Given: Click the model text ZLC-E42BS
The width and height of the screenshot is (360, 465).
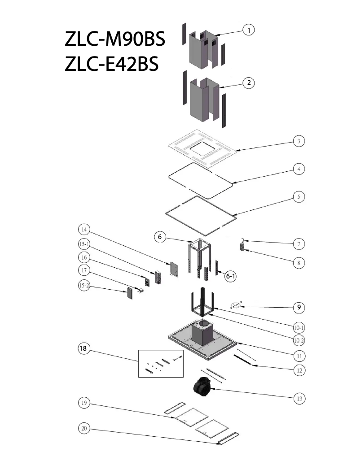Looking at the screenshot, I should (x=112, y=64).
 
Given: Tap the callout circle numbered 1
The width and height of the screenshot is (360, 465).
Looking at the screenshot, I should (x=248, y=30).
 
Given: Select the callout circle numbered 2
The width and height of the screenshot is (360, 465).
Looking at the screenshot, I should (x=248, y=83).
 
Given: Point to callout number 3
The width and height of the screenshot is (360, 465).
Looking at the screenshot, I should (x=299, y=141).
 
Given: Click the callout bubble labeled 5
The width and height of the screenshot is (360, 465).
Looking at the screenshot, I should (x=299, y=197).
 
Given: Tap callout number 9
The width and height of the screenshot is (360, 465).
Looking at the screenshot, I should (x=299, y=307).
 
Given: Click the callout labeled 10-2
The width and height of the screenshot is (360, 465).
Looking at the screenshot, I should (x=299, y=340).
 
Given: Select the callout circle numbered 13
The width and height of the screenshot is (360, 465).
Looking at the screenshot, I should (x=299, y=398).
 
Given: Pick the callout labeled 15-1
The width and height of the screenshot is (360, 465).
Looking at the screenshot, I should (x=83, y=244).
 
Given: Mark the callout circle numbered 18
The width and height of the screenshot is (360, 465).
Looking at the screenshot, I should (x=83, y=348).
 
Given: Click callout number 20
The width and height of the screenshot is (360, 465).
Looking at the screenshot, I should (x=83, y=429).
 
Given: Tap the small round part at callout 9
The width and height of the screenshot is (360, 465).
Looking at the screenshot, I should (x=236, y=305).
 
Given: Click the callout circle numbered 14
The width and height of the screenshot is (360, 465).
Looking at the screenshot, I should (x=83, y=230).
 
